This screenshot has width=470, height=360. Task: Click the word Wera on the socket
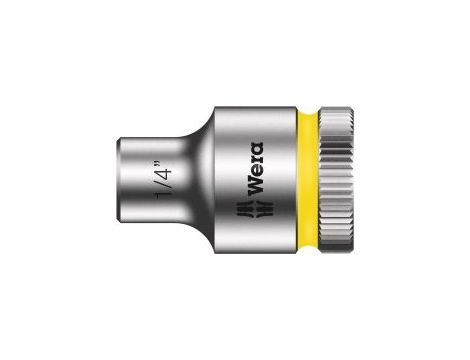click(x=256, y=168)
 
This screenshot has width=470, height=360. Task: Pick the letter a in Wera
click(x=256, y=149)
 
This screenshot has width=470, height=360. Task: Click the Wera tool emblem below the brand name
click(x=256, y=209)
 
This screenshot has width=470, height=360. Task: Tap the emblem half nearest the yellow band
click(x=265, y=209)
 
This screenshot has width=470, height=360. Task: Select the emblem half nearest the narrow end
click(x=246, y=209)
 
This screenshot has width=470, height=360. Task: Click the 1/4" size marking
click(x=163, y=180)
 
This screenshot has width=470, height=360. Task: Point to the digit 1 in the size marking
click(x=164, y=195)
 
